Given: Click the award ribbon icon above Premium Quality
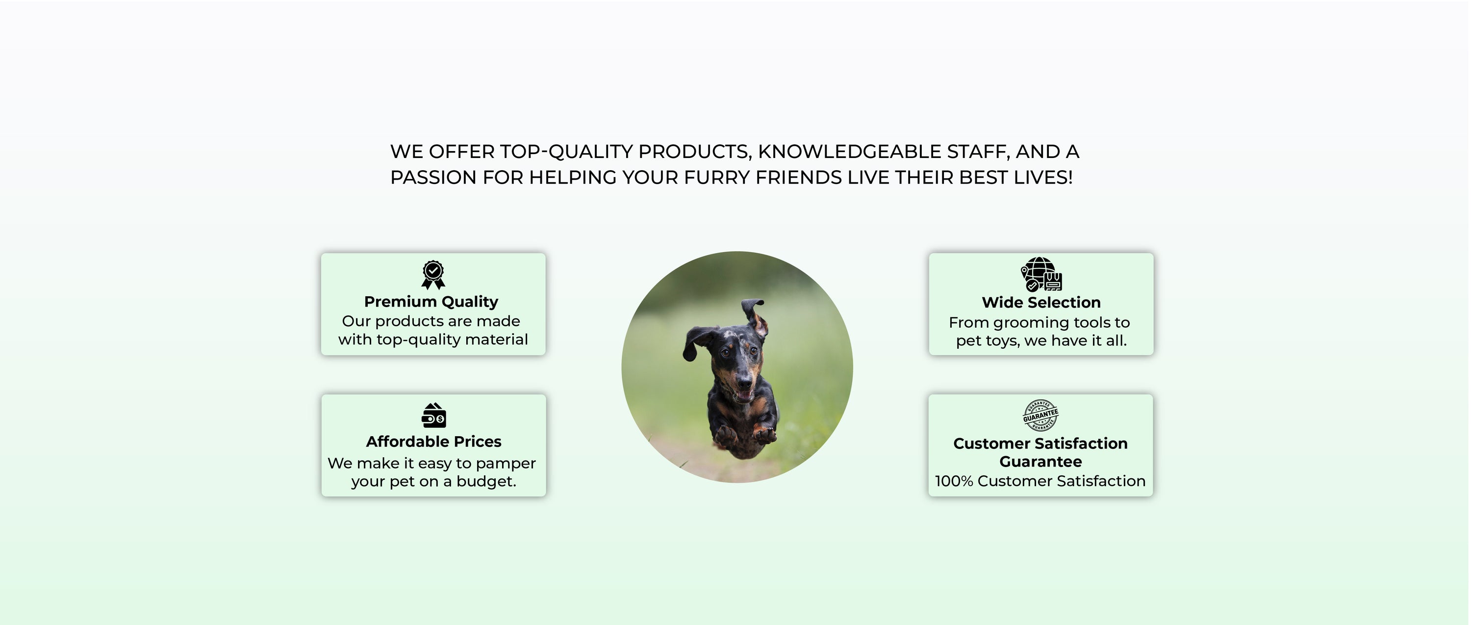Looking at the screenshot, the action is tap(433, 275).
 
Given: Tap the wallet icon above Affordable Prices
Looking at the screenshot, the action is tap(434, 416).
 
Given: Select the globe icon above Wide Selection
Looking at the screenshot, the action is tap(1041, 274).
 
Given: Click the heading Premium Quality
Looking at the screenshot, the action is tap(431, 302).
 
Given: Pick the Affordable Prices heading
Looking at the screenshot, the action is tap(433, 442).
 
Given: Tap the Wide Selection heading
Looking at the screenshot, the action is tap(1041, 302).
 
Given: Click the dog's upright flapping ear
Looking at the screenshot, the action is tap(755, 317).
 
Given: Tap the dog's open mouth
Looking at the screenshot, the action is tap(744, 395).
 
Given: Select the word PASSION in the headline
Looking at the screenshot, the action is tap(433, 178).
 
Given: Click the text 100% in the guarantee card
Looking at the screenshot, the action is tap(954, 481).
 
